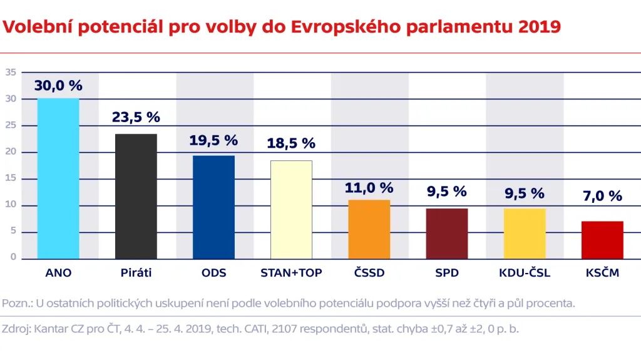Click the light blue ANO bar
(x=58, y=178)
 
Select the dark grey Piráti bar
(x=136, y=196)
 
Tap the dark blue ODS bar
(x=213, y=207)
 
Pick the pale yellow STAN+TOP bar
(x=291, y=210)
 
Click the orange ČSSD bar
(x=369, y=229)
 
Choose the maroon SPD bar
(x=446, y=234)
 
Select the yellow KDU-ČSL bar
(x=525, y=234)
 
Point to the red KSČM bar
(x=602, y=240)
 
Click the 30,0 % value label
(x=58, y=86)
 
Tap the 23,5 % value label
(x=136, y=117)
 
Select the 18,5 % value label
(x=291, y=143)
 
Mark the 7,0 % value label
(x=602, y=196)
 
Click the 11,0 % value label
(x=369, y=187)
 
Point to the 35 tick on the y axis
(x=10, y=73)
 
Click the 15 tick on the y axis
(x=10, y=179)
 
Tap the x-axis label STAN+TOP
(x=291, y=273)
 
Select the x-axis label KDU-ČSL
(x=525, y=273)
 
